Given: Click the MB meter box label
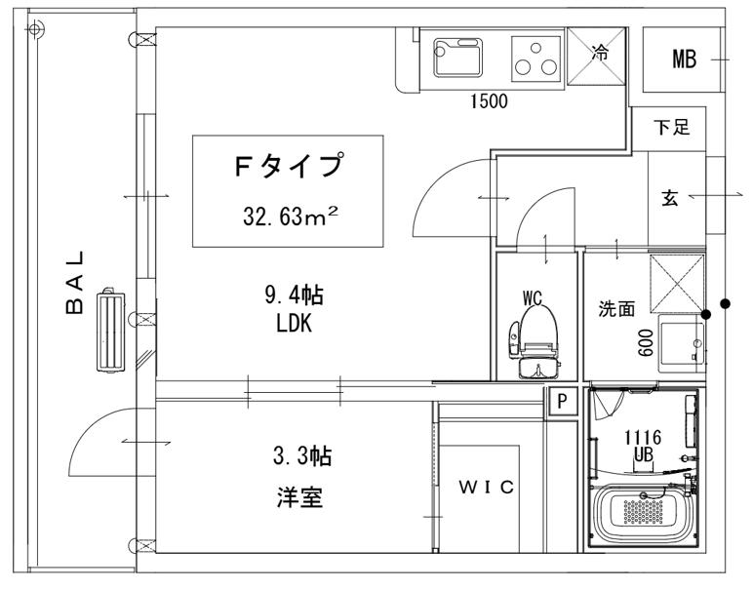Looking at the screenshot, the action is [684, 59].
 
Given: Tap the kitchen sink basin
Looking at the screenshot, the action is [458, 58].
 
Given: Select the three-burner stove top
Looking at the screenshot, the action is [535, 59].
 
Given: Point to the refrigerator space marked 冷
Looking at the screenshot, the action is [596, 57].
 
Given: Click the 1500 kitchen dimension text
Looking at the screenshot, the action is [489, 101].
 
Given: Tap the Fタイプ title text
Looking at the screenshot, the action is [289, 165].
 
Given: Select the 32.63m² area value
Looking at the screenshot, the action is [291, 216].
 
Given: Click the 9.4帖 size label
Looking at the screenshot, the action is [294, 295].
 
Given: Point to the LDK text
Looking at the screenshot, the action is [295, 324].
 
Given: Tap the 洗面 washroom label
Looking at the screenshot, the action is [616, 309].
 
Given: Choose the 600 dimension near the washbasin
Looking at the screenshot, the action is [646, 342].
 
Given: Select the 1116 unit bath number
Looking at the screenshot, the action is [643, 438].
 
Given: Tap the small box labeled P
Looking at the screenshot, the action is [562, 401].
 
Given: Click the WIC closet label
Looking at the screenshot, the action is [487, 488].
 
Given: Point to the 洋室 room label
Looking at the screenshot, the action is [299, 497].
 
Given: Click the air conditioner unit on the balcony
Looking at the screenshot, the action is [110, 332].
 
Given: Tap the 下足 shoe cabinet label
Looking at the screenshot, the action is [672, 128].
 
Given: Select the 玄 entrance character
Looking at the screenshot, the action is [669, 198].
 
